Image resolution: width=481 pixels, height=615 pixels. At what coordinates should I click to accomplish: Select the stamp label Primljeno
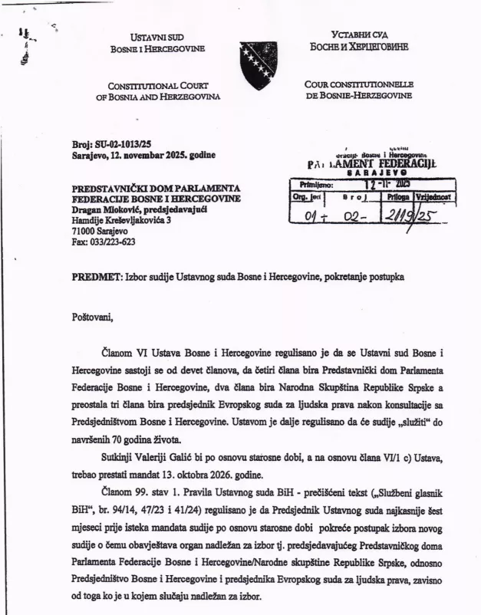(x=315, y=185)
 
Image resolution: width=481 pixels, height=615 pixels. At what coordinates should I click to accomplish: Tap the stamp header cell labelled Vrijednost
(x=434, y=196)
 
